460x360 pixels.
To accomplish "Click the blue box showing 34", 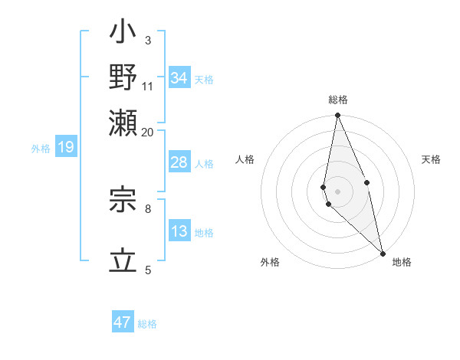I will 179,78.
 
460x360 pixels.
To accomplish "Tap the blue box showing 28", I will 179,162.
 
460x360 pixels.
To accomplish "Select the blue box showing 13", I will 179,231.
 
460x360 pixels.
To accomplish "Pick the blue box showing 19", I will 66,148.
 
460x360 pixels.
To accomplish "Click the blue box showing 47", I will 123,322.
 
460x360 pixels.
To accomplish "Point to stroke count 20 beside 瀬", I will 147,133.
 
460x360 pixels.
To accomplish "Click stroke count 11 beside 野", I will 148,87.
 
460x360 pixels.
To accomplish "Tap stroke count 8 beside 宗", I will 148,208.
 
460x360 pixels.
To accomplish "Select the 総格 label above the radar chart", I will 338,100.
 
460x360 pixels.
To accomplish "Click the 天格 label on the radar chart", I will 432,159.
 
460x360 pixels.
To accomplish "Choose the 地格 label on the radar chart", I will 402,262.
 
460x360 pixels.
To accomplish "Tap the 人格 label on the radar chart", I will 245,159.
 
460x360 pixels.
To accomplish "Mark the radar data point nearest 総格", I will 337,116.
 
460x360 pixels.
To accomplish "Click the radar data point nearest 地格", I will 383,252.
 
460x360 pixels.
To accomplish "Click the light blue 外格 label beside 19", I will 40,149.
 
